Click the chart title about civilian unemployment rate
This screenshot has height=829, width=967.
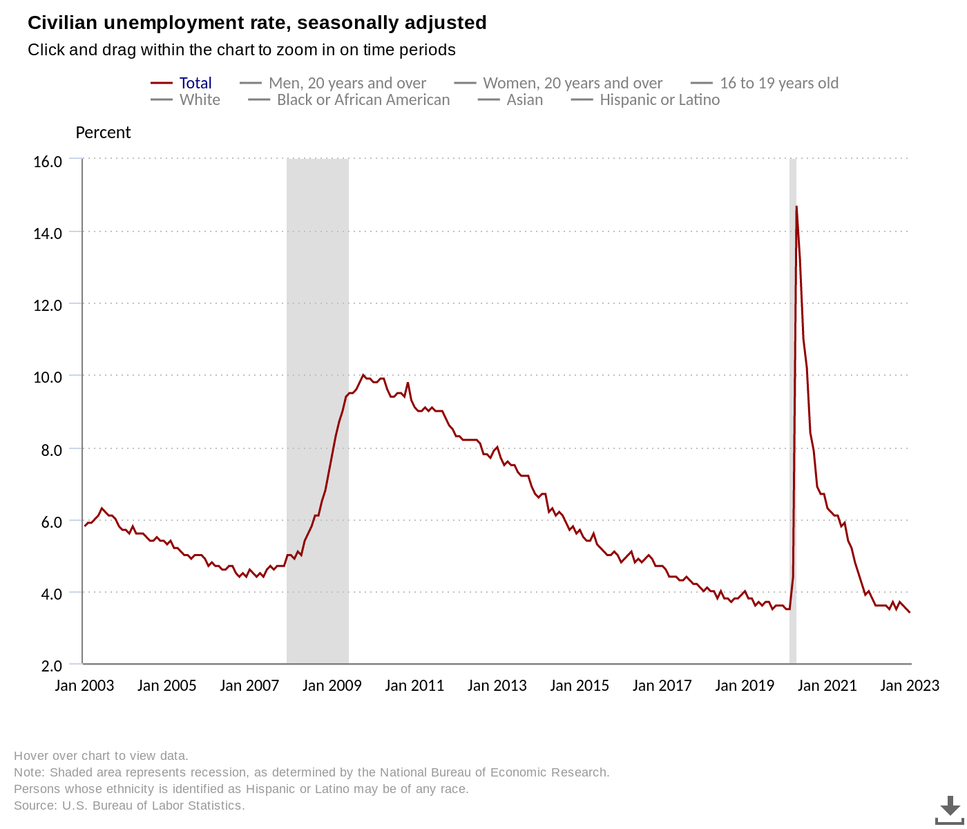257,23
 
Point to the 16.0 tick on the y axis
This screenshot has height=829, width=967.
48,161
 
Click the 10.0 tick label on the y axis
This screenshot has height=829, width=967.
48,377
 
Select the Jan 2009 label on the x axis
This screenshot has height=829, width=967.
332,685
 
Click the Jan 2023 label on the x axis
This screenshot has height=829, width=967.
910,685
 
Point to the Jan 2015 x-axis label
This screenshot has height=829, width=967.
580,685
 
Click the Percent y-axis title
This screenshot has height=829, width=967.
103,133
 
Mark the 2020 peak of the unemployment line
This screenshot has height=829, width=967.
796,207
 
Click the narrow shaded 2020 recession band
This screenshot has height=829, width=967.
793,414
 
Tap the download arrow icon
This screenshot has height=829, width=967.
950,808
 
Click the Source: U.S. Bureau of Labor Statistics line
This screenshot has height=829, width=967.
129,806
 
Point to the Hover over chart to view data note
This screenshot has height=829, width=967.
101,756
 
